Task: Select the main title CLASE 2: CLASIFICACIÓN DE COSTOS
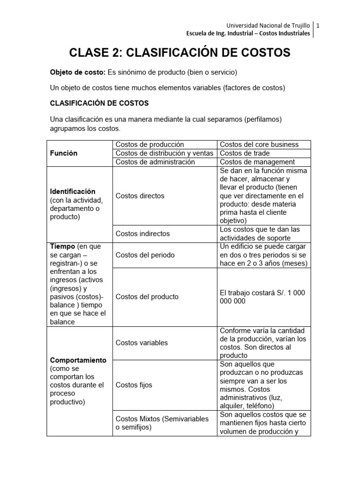(180, 52)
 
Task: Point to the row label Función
(64, 153)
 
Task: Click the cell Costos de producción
(150, 144)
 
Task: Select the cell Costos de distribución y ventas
(164, 153)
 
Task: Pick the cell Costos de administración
(155, 162)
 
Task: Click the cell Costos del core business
(259, 144)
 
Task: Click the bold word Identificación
(73, 191)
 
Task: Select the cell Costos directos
(140, 195)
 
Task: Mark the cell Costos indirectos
(142, 233)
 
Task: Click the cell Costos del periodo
(145, 255)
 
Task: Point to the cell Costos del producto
(147, 297)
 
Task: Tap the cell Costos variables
(142, 343)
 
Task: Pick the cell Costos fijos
(134, 385)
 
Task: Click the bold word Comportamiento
(78, 360)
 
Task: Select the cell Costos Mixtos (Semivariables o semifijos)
(162, 423)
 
